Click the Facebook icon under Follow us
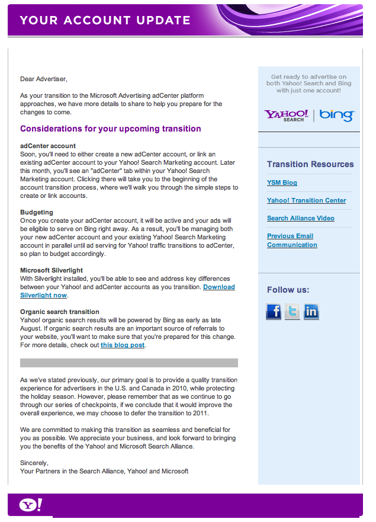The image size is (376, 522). (274, 311)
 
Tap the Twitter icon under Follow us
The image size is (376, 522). (293, 311)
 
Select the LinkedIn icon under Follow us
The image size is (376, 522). (311, 311)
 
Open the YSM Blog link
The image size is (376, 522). (282, 182)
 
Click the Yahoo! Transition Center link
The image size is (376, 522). (306, 200)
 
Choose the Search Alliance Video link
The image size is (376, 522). (300, 218)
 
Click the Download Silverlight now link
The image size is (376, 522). (218, 287)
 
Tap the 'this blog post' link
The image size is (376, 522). (123, 345)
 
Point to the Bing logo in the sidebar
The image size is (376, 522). (337, 115)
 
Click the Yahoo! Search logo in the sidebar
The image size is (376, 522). (286, 115)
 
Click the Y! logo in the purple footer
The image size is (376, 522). (30, 505)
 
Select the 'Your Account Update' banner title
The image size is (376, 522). (105, 20)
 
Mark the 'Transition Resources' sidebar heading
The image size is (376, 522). (310, 164)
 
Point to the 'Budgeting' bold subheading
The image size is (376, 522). (37, 212)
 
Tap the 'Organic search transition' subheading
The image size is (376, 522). (59, 312)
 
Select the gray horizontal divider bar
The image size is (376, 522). (129, 363)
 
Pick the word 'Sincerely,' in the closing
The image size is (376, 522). (34, 463)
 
